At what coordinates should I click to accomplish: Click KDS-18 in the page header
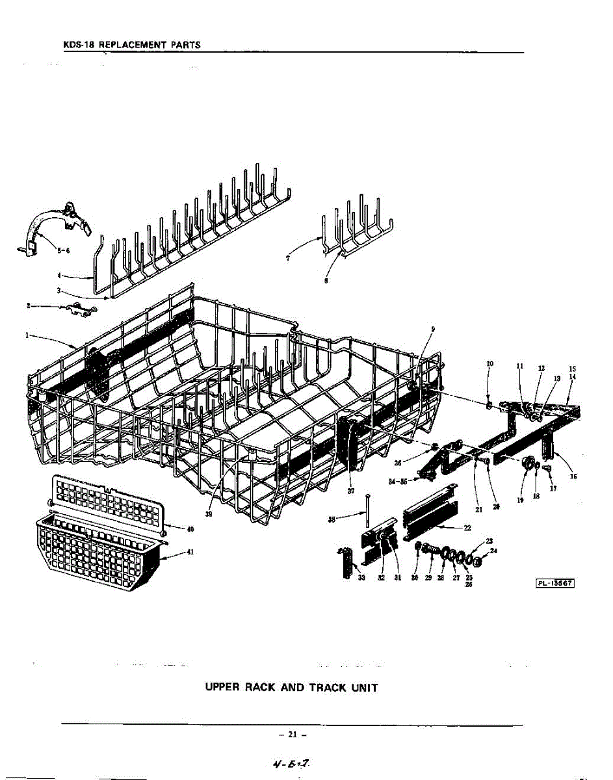pos(77,45)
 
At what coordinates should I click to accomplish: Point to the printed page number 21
pos(292,735)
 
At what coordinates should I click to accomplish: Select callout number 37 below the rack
pos(351,491)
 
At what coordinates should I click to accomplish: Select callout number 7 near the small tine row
pos(287,257)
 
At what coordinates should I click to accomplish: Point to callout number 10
pos(489,364)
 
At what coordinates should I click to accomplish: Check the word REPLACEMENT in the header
pos(135,45)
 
